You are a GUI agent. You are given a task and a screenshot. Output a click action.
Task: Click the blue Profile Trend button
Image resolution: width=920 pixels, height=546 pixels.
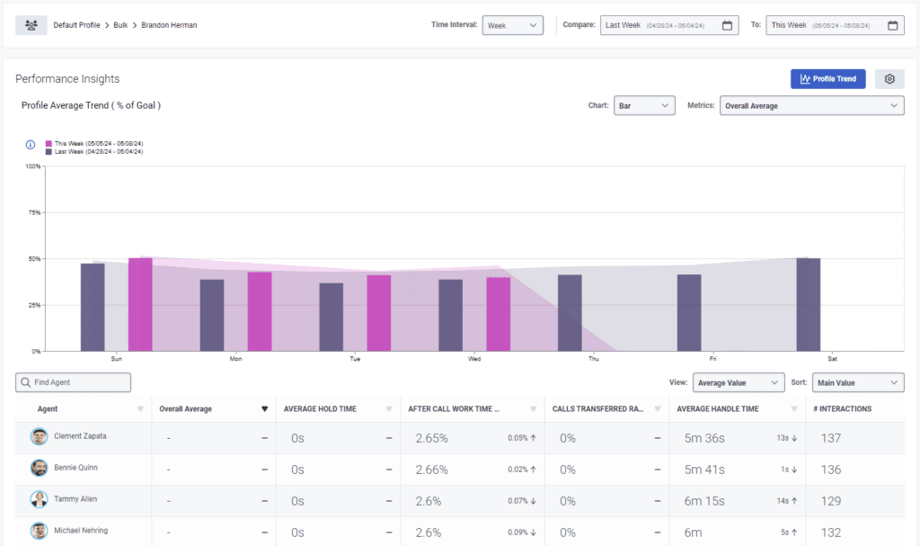(827, 79)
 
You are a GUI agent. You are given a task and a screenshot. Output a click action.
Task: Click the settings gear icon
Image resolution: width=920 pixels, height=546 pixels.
(889, 79)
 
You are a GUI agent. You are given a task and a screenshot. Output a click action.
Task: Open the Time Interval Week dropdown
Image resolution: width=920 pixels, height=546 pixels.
(512, 25)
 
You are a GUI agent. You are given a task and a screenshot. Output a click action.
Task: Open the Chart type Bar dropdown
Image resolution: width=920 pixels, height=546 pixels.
(643, 106)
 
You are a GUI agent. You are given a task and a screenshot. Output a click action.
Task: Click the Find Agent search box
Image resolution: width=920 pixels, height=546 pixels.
(74, 382)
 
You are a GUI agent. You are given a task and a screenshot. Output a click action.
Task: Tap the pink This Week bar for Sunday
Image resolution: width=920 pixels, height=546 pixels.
(140, 305)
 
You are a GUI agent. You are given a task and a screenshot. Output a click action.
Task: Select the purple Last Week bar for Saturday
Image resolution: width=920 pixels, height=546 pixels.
(809, 305)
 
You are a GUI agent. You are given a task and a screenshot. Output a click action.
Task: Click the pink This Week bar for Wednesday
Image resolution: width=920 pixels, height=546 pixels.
(499, 314)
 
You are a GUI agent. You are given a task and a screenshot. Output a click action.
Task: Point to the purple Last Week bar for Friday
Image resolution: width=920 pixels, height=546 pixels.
(689, 312)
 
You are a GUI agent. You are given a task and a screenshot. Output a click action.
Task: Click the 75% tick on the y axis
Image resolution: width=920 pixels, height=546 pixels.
(33, 212)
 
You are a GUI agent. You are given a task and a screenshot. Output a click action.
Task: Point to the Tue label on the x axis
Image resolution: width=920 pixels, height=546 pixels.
(355, 359)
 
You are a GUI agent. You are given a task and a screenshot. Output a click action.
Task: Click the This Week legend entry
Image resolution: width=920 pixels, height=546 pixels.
(94, 143)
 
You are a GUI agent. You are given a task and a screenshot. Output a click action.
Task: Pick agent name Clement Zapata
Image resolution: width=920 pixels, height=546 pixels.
(80, 436)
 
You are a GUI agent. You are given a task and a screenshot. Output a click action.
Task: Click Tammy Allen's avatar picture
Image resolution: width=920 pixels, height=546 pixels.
(39, 499)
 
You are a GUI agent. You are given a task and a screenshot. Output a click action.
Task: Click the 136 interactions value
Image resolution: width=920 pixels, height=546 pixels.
(831, 469)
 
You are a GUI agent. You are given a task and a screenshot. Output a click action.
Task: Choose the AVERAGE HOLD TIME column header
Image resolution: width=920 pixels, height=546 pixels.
(320, 408)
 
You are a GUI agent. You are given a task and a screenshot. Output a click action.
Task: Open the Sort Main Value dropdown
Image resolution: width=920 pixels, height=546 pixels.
(857, 382)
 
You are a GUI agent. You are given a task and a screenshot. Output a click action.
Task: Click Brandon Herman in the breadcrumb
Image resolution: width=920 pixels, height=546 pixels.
(169, 25)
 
